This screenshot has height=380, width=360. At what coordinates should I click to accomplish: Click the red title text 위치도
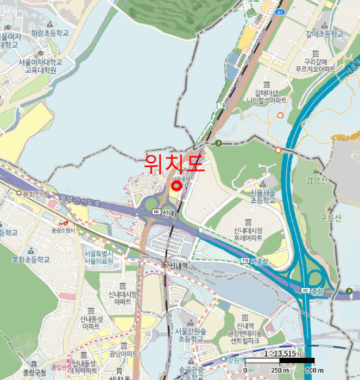175,163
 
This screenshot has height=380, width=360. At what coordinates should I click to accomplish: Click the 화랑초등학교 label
50,33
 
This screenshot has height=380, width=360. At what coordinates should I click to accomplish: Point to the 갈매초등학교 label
324,34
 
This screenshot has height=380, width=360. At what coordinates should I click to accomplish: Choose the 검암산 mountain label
317,181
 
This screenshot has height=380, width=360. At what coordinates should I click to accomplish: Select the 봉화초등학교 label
30,260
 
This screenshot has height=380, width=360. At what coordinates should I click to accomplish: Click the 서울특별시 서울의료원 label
99,257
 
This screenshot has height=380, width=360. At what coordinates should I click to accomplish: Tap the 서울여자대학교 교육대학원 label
37,66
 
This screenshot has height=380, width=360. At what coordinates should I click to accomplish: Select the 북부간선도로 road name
80,201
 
